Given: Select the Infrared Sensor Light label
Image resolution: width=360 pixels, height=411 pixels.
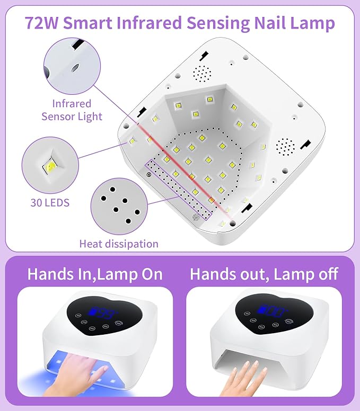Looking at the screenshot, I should tap(72, 110).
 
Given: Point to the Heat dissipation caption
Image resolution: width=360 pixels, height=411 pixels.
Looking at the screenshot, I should tap(119, 244).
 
